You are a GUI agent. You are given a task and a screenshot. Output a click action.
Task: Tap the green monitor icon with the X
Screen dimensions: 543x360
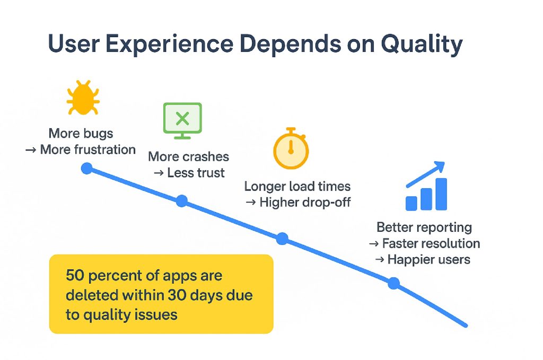point(182,120)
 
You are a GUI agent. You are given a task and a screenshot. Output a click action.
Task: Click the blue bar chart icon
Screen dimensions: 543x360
point(426,186)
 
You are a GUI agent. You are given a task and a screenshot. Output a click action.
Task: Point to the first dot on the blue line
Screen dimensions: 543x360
point(86,169)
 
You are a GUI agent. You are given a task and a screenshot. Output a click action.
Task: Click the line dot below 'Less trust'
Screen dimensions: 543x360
point(182,201)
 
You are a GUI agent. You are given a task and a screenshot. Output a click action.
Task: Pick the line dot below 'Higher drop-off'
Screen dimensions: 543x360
point(282,239)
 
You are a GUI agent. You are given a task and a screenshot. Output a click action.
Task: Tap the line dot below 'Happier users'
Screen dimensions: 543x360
point(393,283)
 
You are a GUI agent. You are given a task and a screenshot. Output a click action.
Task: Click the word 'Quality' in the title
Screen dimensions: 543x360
point(422,45)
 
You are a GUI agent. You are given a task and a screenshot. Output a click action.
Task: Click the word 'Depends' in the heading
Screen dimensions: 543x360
point(290,45)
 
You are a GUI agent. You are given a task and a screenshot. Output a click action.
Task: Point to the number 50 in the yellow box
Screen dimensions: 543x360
point(75,275)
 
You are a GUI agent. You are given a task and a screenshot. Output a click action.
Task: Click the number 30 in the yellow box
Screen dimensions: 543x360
point(177,295)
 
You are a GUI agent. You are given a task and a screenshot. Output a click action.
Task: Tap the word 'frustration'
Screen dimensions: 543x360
point(105,150)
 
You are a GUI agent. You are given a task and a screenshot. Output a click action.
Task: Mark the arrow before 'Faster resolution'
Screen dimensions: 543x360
point(374,244)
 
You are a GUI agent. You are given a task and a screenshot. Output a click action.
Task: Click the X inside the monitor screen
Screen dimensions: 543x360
point(182,119)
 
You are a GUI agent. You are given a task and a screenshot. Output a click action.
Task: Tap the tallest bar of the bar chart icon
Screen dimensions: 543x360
point(441,194)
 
